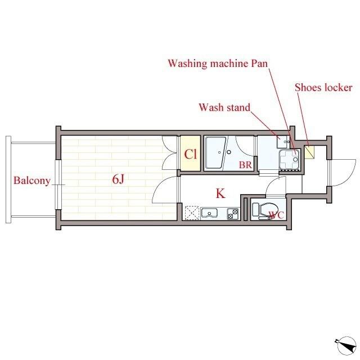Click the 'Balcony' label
[x=31, y=181]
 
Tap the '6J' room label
[x=118, y=180]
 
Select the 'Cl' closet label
[x=190, y=154]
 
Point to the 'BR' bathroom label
[x=245, y=165]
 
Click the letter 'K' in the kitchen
[x=220, y=194]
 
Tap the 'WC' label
[x=276, y=214]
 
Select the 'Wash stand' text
[x=224, y=107]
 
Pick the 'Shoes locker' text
[x=323, y=87]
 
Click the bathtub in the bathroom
[x=215, y=152]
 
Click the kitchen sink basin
[x=210, y=213]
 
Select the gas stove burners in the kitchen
[x=233, y=213]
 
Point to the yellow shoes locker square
[x=308, y=152]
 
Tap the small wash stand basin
[x=281, y=142]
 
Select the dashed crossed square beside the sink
[x=192, y=213]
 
